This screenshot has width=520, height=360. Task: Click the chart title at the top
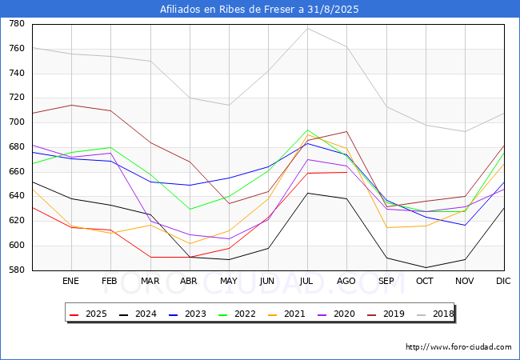pos(259,10)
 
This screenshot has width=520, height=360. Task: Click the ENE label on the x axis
pos(71,282)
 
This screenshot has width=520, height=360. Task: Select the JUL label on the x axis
pos(307,282)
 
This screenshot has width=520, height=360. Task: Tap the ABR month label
pos(189,282)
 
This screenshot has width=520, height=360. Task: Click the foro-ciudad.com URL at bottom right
pos(458,347)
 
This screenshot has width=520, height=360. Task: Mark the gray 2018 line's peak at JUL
pos(307,28)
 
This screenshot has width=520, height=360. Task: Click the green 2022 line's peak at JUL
pos(307,130)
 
